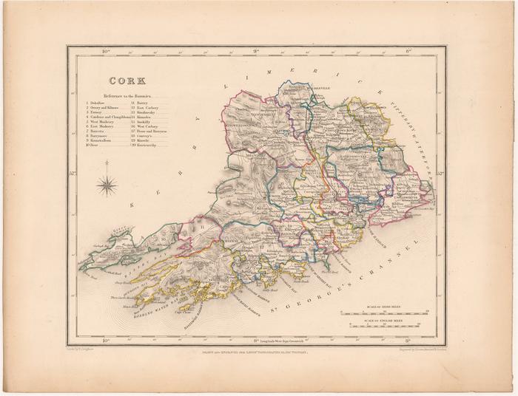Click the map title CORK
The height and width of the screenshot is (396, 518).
tap(127, 81)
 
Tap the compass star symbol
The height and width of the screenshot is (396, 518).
tap(107, 183)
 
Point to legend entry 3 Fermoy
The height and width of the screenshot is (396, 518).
tap(99, 114)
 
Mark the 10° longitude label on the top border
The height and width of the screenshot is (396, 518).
tap(106, 51)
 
